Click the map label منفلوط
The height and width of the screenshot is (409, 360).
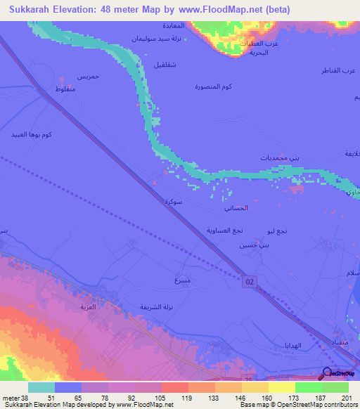tap(71, 89)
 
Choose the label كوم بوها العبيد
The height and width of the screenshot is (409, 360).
tap(33, 134)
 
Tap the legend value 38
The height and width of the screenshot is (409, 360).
tap(13, 398)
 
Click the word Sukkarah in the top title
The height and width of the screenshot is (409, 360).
tap(32, 10)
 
